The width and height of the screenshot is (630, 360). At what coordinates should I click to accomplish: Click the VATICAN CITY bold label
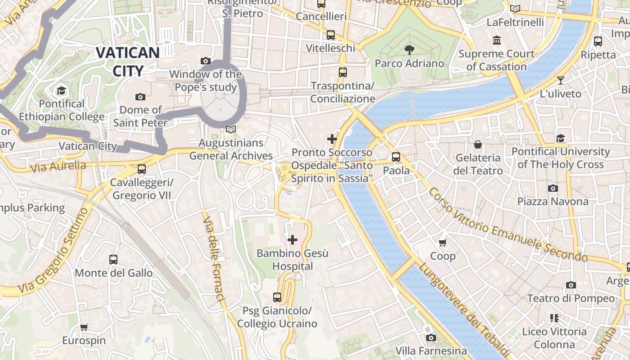click(x=128, y=62)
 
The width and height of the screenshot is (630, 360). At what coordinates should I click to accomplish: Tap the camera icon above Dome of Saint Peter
click(x=140, y=97)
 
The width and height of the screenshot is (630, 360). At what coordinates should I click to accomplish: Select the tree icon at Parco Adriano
click(x=409, y=50)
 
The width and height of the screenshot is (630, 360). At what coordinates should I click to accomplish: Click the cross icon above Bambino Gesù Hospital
click(x=292, y=240)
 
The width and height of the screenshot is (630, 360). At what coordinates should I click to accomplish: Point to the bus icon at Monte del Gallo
click(x=113, y=260)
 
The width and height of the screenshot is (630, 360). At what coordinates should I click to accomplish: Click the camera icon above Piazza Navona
click(x=553, y=188)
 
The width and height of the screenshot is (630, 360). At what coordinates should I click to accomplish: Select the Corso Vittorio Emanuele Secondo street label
click(x=508, y=225)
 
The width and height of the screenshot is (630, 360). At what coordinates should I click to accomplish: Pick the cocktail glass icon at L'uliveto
click(x=560, y=81)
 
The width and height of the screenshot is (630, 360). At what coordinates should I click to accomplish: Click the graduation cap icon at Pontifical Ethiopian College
click(x=62, y=90)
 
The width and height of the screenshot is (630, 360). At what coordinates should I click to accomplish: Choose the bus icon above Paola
click(x=396, y=157)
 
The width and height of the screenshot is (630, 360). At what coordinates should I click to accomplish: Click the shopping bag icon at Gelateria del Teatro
click(x=477, y=144)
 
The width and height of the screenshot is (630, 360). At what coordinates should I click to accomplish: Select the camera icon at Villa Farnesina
click(x=431, y=337)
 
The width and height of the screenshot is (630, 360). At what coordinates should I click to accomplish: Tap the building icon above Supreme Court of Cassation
click(x=497, y=40)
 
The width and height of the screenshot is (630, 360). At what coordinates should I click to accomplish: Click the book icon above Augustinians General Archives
click(x=231, y=130)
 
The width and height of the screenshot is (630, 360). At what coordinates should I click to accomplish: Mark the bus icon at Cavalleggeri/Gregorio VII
click(x=142, y=169)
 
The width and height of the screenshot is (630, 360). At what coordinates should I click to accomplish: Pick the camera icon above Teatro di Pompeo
click(x=571, y=285)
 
